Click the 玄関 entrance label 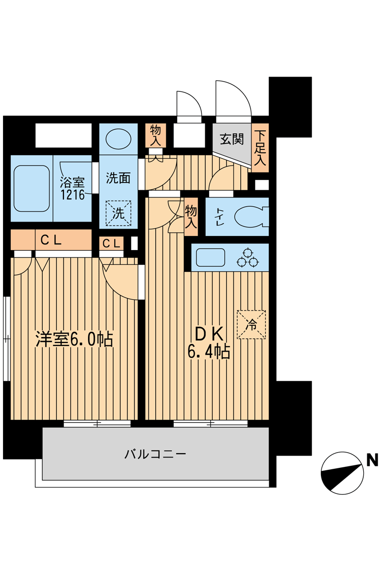coord(231,140)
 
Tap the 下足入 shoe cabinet coord(260,147)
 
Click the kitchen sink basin coord(210,257)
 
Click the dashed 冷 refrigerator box coord(251,324)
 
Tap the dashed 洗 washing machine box coord(119,213)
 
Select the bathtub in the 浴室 coord(31,188)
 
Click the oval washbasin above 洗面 coord(119,139)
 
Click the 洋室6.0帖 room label coord(74,340)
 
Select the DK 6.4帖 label coord(209,343)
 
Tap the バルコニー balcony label coord(155,454)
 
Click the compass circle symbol coord(343,472)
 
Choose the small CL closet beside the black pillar coord(111,243)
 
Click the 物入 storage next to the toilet coord(191,217)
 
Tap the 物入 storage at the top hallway coord(156,135)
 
